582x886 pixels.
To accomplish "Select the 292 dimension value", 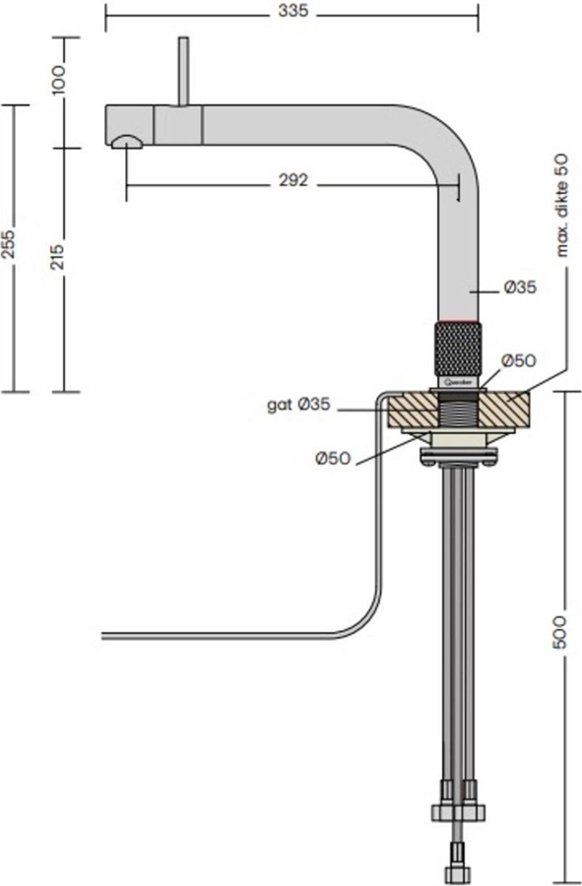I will [x=293, y=180].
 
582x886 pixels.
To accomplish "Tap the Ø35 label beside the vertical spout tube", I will [x=519, y=288].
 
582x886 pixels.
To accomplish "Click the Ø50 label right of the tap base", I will [x=518, y=361].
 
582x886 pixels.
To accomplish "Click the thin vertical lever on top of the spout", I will [x=182, y=71].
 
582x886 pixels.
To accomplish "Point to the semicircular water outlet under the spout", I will [x=128, y=143].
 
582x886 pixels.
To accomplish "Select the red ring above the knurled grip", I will [x=458, y=322].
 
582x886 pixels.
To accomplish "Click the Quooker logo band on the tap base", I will [x=458, y=377].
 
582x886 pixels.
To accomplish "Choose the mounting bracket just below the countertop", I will [x=458, y=456].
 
